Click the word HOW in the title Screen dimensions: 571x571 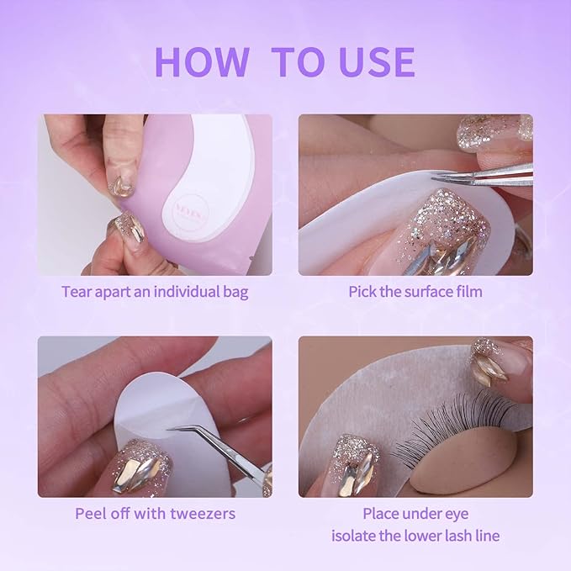pos(201,62)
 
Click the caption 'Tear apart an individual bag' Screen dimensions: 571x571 pos(155,293)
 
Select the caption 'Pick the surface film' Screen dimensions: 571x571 pos(415,293)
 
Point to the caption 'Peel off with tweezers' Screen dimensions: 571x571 pos(155,513)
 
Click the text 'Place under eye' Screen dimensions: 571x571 pos(415,513)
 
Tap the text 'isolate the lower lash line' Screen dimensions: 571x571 pos(415,536)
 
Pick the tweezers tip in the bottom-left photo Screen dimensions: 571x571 pos(172,429)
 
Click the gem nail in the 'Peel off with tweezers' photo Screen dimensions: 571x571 pos(139,467)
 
